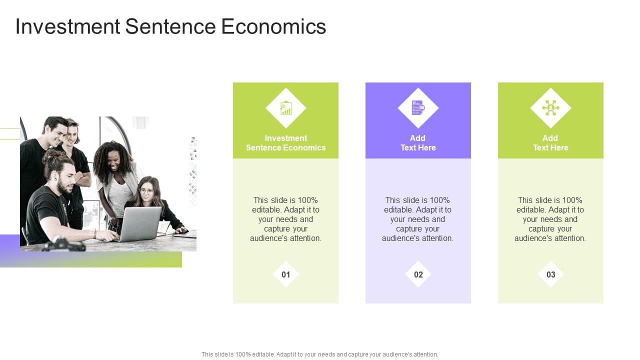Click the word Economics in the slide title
[x=273, y=27]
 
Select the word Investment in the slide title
[x=67, y=27]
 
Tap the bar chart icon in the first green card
[x=286, y=108]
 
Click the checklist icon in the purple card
[x=418, y=108]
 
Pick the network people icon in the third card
[x=550, y=108]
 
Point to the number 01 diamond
[x=286, y=274]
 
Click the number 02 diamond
[x=418, y=274]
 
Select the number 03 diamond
[x=551, y=274]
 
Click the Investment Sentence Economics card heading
[x=286, y=143]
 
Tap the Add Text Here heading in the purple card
[x=418, y=143]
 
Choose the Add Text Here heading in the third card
[x=550, y=143]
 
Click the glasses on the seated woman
[x=146, y=190]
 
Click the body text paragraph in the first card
[x=286, y=219]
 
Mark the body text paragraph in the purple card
[x=418, y=219]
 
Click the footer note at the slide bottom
[x=320, y=354]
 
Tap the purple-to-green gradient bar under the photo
[x=100, y=259]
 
